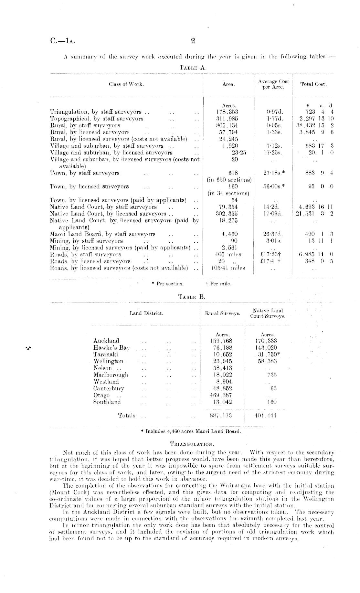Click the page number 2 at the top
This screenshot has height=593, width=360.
[x=193, y=41]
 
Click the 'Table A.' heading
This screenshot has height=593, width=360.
[x=193, y=68]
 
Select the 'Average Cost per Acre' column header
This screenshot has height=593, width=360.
[x=273, y=84]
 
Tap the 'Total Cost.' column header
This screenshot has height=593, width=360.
[x=313, y=84]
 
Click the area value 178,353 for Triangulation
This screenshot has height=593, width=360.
[x=228, y=112]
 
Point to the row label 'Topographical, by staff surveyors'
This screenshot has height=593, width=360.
[x=97, y=119]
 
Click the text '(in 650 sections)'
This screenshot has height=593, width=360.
[x=229, y=180]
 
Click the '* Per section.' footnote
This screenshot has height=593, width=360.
[x=168, y=284]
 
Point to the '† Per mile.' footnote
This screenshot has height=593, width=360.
[x=218, y=284]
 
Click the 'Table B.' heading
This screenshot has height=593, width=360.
[x=192, y=297]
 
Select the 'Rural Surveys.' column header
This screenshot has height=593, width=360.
[x=223, y=313]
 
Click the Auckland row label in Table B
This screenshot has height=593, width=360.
[x=106, y=341]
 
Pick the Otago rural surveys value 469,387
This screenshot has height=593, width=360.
[x=221, y=395]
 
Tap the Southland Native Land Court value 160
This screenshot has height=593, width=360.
[x=272, y=402]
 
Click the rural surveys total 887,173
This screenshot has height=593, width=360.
[x=221, y=416]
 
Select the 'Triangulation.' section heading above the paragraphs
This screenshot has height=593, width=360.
[x=192, y=444]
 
